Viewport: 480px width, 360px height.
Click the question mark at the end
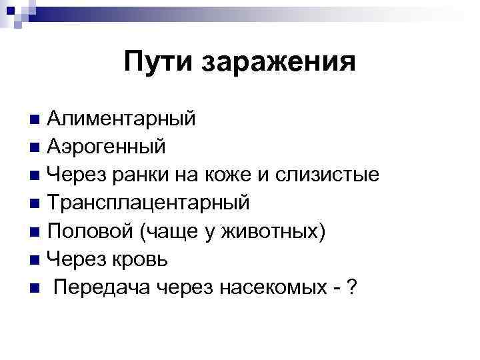[352, 288]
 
